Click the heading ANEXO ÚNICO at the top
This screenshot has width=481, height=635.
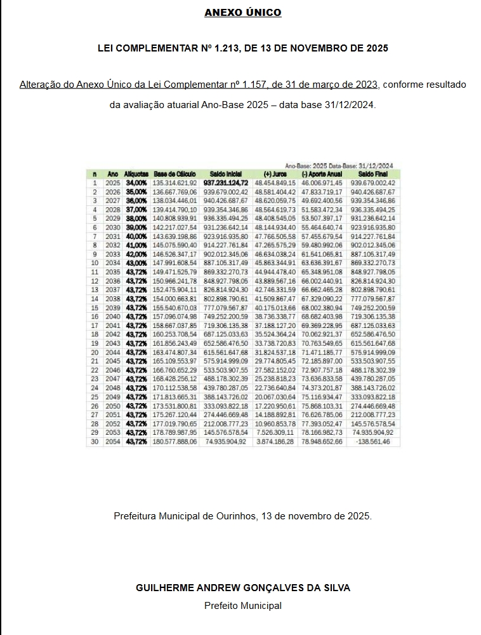[242, 13]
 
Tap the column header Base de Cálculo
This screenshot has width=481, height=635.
[175, 174]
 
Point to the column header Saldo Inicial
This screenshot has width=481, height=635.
[225, 174]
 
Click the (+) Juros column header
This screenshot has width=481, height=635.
[275, 174]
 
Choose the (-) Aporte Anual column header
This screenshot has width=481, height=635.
[322, 174]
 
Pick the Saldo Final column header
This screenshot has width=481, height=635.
[372, 174]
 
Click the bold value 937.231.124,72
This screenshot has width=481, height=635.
[225, 183]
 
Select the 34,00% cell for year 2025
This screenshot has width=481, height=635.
[136, 183]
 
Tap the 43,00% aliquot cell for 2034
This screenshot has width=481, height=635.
[136, 263]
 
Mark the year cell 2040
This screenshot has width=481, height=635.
[113, 315]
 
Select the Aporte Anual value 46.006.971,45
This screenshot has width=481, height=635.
[322, 183]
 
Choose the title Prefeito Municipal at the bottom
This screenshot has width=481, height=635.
[242, 606]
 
